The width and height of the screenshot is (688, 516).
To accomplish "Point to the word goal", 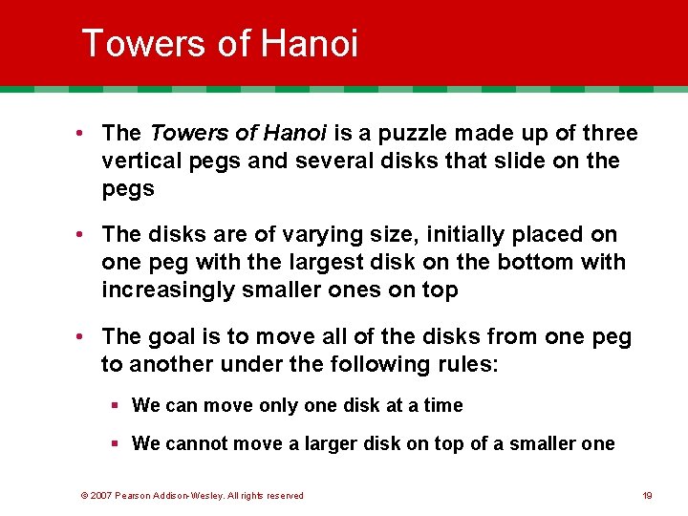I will (x=175, y=336).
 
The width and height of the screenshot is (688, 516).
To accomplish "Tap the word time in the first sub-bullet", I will (x=443, y=405).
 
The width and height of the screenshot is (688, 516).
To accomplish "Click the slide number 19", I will (x=647, y=495).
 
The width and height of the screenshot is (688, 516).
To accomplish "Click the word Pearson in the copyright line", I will (x=138, y=495).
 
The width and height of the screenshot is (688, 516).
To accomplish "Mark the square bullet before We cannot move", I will (x=114, y=443).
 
